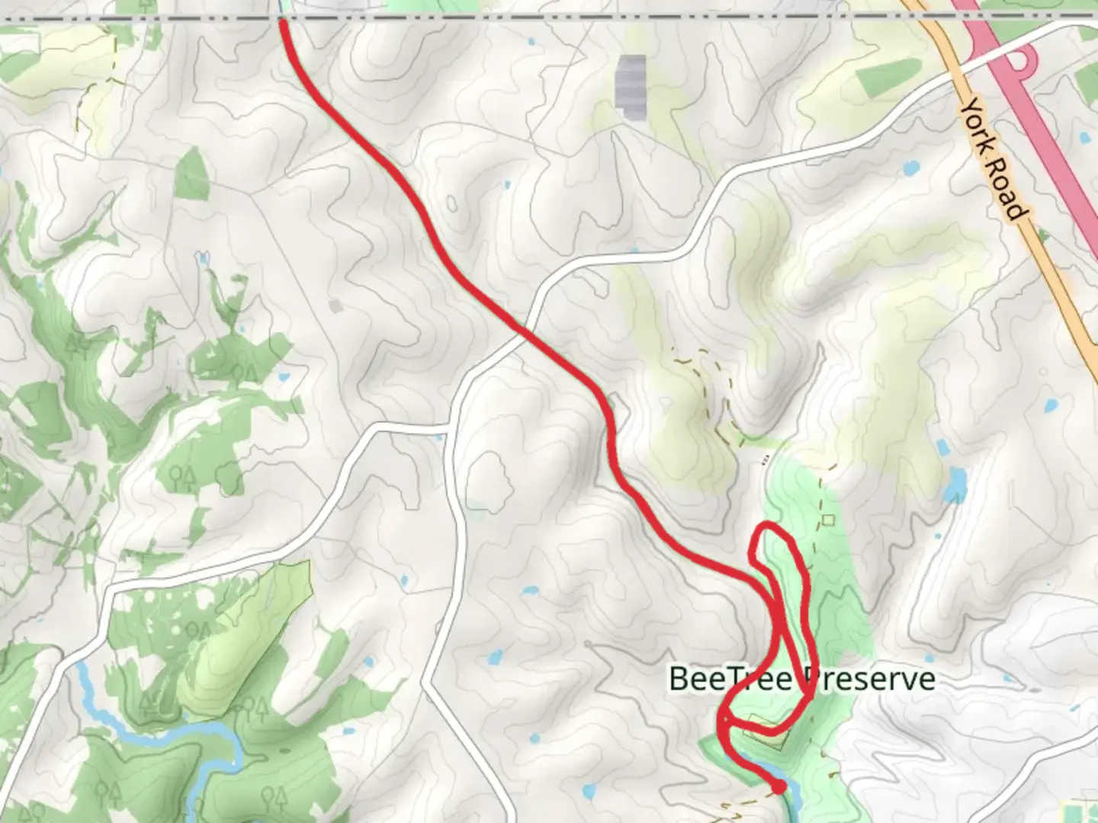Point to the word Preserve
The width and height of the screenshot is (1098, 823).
(x=869, y=678)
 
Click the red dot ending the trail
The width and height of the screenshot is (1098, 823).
(x=779, y=787)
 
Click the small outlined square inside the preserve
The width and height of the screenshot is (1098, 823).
(x=829, y=520)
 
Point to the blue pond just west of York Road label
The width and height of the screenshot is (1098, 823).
(x=910, y=167)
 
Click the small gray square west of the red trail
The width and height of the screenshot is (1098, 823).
(x=336, y=306)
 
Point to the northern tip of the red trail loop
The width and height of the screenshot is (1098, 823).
(x=769, y=526)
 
